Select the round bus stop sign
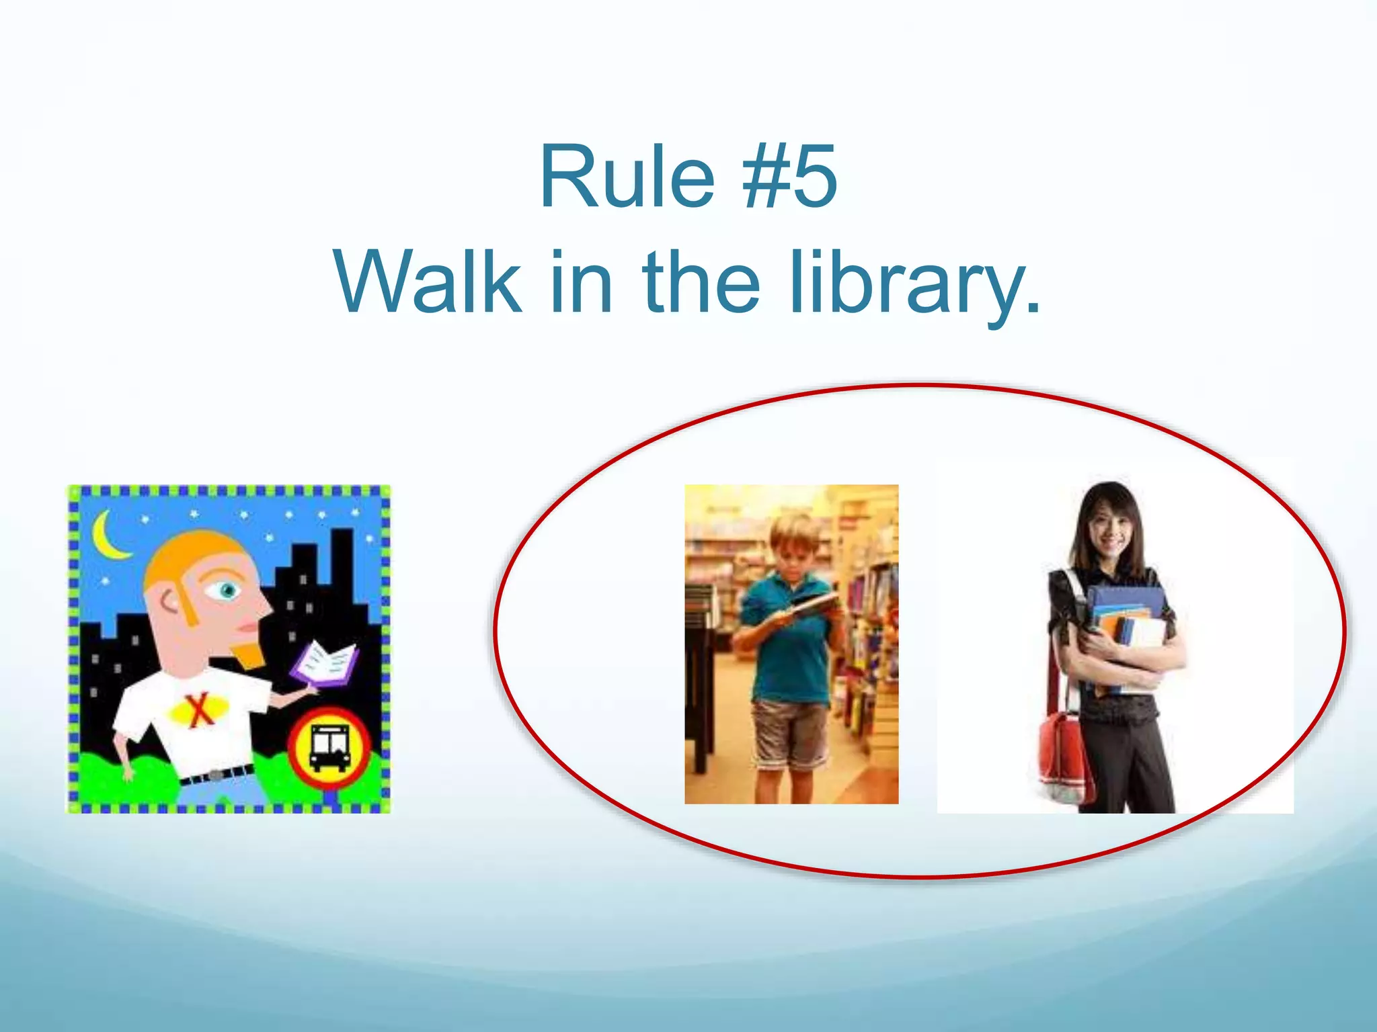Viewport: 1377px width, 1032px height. click(329, 746)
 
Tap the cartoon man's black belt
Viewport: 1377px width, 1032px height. click(217, 774)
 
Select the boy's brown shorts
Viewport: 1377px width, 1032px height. click(790, 732)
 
